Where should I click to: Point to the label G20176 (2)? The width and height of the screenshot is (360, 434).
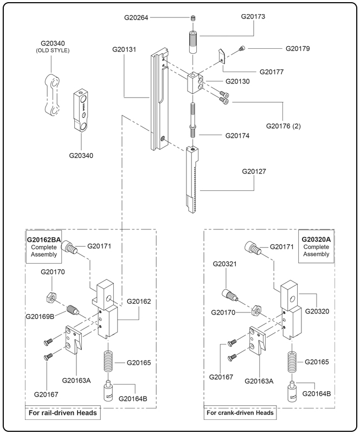click(284, 126)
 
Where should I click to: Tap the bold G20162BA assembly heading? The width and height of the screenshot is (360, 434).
click(44, 239)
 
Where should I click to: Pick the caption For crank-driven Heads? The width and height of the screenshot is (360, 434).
click(240, 413)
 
